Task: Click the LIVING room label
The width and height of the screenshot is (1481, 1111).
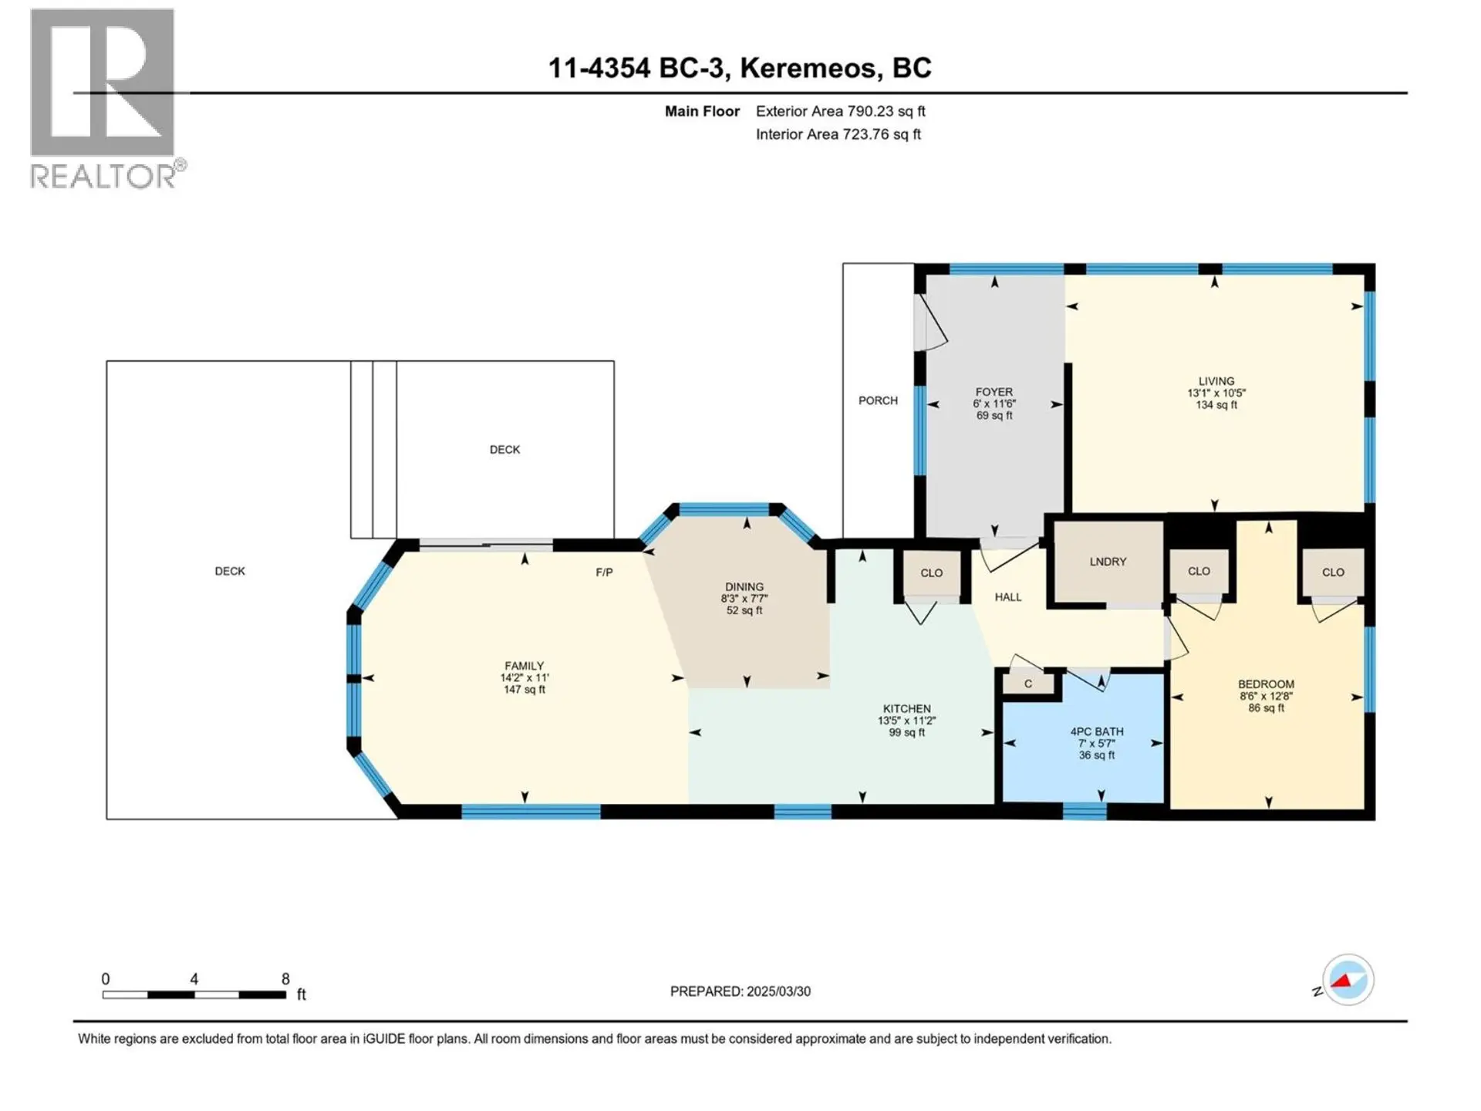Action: coord(1216,381)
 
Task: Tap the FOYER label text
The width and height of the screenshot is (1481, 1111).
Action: coord(994,392)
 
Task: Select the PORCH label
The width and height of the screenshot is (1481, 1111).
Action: coord(878,400)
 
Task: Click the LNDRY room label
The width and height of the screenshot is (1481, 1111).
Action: coord(1108,562)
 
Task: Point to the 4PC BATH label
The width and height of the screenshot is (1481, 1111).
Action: coord(1096,731)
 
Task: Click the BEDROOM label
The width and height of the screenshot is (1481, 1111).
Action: coord(1266,684)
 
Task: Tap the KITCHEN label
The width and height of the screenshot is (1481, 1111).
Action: coord(906,708)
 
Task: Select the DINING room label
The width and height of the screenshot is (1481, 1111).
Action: coord(744,587)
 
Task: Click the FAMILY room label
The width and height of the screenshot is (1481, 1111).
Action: coord(524,666)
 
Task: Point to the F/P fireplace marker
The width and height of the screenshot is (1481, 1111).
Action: coord(604,572)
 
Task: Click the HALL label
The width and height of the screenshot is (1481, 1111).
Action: coord(1007,597)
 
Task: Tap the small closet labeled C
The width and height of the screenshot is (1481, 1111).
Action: coord(1027,684)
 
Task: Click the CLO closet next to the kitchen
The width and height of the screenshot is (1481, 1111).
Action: coord(931,573)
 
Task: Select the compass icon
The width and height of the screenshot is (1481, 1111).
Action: coord(1348,980)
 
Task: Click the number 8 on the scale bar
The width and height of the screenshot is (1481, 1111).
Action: coord(285,979)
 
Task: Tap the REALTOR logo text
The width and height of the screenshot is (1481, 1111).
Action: coord(104,177)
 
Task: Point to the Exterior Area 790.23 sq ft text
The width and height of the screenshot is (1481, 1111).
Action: coord(840,111)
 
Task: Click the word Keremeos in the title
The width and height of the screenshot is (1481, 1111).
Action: coord(808,68)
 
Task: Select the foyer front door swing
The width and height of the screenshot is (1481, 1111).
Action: coord(932,324)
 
